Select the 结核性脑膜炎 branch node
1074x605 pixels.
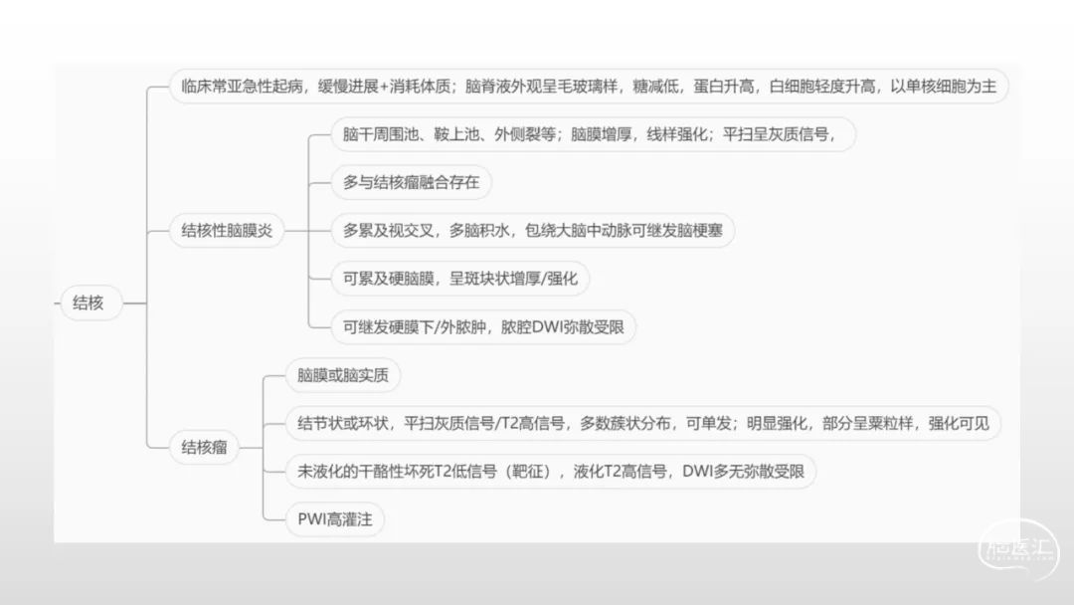227,230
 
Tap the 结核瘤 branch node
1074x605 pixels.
204,448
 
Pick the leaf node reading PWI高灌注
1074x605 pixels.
335,519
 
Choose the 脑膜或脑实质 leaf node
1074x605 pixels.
342,375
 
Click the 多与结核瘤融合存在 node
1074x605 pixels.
411,182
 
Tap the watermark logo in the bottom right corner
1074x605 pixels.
1018,549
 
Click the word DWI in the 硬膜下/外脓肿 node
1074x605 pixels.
547,327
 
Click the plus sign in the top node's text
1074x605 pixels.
384,87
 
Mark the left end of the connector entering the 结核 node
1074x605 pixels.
54,302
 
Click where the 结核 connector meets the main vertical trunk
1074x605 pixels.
146,302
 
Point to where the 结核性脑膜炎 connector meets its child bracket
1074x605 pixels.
308,231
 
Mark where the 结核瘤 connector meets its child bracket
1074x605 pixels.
263,448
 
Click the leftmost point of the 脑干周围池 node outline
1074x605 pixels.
331,134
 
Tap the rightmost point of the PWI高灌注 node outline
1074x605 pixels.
384,519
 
